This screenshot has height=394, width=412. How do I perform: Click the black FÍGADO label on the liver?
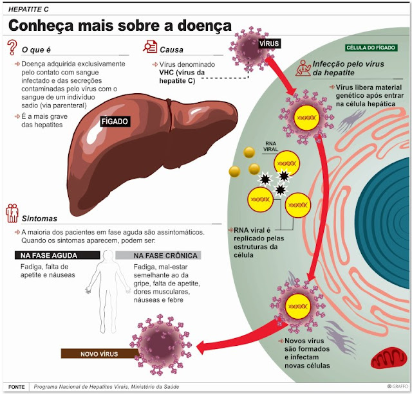[x=115, y=121]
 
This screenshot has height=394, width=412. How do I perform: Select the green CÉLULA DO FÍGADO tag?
[x=371, y=48]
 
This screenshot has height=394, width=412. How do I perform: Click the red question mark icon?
[x=12, y=48]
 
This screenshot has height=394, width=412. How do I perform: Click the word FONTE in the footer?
[x=16, y=387]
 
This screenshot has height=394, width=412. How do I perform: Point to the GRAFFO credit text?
[x=397, y=386]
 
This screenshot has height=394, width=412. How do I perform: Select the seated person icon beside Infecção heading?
[x=303, y=67]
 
